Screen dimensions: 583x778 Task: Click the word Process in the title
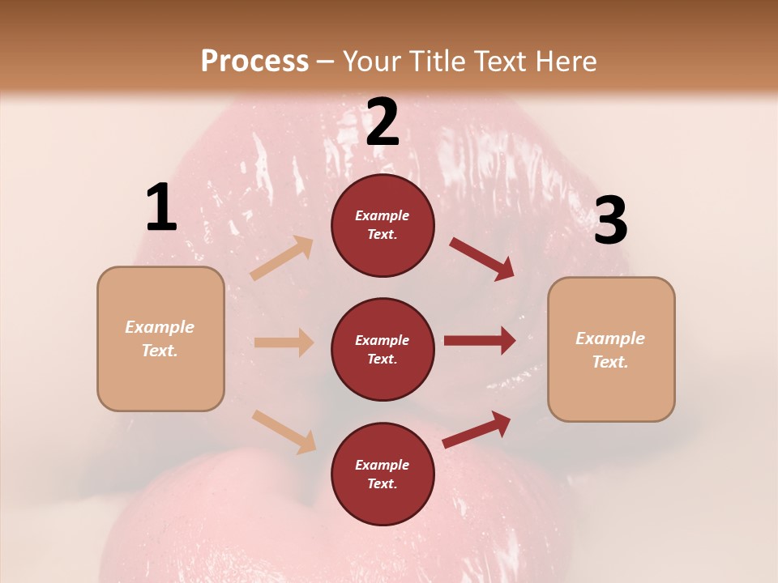pos(254,61)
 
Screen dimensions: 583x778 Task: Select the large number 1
pos(161,208)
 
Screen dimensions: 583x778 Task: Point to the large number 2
pos(383,122)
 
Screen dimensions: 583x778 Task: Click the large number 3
pos(610,221)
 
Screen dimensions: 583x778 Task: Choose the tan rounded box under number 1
pos(160,338)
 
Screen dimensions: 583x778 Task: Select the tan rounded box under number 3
pos(611,350)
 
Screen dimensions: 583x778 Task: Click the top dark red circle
pos(383,225)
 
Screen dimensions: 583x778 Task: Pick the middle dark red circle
pos(383,349)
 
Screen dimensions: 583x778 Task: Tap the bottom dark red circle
pos(383,474)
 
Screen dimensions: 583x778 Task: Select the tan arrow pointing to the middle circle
pos(284,343)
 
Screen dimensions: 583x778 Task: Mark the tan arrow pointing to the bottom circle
pos(284,431)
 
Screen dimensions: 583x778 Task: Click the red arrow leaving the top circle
pos(481,259)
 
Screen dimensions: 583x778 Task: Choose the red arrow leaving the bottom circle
pos(477,429)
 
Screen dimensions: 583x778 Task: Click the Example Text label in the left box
pos(160,338)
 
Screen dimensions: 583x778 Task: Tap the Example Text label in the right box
pos(611,350)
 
